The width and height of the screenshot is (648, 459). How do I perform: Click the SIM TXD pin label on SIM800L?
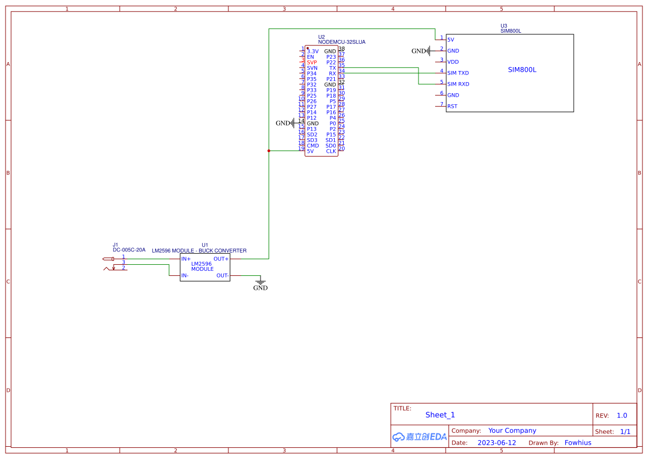[458, 73]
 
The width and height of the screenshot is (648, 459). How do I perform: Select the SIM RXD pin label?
[458, 84]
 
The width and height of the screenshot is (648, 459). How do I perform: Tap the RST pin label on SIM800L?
[452, 107]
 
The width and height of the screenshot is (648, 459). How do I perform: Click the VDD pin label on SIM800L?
[453, 62]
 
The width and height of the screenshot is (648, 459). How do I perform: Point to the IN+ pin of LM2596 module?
[186, 259]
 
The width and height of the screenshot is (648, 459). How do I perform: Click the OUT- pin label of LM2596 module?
[222, 275]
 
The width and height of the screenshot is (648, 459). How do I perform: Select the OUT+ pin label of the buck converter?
[221, 259]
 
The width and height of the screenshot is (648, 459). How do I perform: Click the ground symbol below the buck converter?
[260, 284]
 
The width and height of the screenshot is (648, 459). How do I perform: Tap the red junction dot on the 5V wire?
[269, 150]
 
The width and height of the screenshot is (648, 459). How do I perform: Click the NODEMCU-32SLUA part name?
[341, 42]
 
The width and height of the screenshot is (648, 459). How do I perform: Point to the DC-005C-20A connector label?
[129, 250]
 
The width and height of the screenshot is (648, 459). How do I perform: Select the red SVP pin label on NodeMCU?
[312, 63]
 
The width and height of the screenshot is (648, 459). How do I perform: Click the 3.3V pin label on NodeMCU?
[313, 52]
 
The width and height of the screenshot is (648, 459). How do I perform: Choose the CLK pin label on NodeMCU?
[331, 152]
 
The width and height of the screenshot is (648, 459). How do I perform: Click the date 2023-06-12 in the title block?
[497, 443]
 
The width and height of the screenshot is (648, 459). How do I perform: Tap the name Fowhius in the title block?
[578, 443]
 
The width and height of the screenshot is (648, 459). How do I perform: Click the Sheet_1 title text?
[440, 415]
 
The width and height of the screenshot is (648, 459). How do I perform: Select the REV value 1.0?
[622, 416]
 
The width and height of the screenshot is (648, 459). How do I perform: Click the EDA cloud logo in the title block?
[420, 437]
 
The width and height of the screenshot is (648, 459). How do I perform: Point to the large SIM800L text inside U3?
[522, 70]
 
